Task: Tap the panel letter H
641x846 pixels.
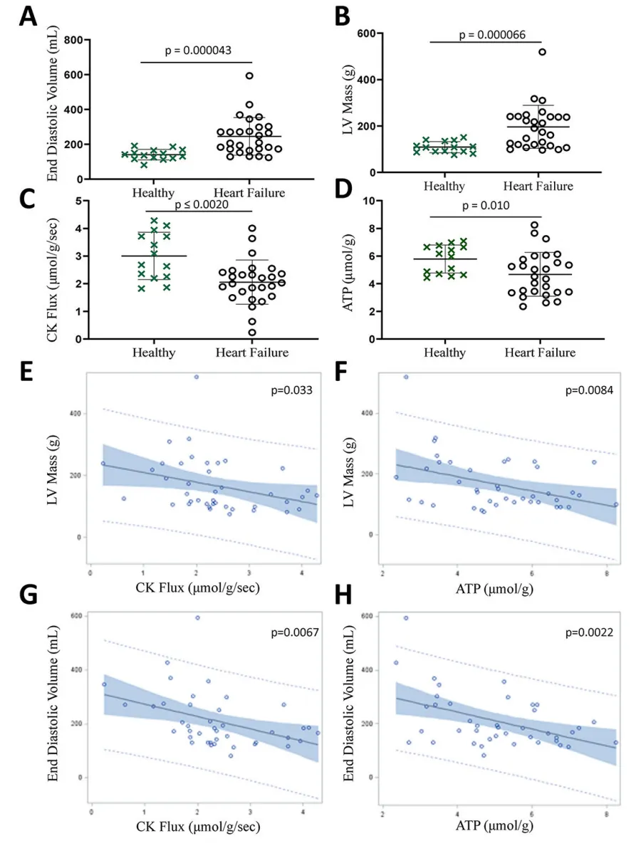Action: click(x=343, y=595)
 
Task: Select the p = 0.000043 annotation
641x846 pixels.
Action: click(x=198, y=51)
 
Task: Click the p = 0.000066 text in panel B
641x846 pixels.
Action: click(x=492, y=35)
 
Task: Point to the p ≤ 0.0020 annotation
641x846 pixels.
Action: click(x=202, y=205)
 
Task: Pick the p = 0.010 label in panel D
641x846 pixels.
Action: click(x=486, y=206)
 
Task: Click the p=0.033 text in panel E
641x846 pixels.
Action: click(x=291, y=390)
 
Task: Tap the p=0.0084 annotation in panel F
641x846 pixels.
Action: click(x=589, y=390)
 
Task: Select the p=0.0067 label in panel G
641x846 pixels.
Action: click(x=295, y=632)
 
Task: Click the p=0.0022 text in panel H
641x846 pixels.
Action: click(x=589, y=632)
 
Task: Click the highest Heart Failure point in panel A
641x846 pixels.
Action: click(x=249, y=76)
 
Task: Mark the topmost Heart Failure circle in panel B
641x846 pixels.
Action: click(x=542, y=52)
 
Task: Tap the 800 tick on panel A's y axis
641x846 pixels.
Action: click(x=73, y=40)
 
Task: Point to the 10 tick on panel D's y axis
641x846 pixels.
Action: click(x=369, y=201)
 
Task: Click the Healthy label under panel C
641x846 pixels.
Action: click(x=154, y=353)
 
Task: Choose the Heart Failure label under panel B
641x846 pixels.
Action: click(x=538, y=186)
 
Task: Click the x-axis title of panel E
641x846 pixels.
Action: click(x=197, y=587)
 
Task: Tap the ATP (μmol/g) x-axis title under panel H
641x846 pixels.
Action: click(x=494, y=825)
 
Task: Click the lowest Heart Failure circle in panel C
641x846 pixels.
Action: click(x=252, y=333)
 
